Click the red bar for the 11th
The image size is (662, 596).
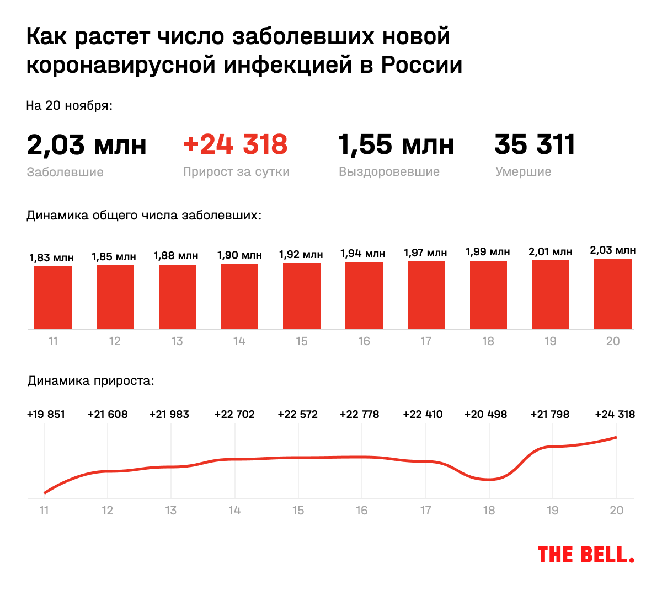coord(53,298)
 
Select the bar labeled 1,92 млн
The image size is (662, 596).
coord(302,296)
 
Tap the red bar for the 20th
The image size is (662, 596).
coord(613,294)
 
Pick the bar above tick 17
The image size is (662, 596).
coord(426,296)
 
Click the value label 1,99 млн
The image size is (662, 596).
coord(488,252)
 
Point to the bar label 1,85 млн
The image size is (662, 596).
coord(114,256)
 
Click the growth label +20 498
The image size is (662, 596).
coord(485,414)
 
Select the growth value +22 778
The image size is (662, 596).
coord(359,414)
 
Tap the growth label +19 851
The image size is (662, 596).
coord(46,414)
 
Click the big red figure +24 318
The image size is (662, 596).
coord(235,144)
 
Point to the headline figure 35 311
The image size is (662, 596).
coord(535,144)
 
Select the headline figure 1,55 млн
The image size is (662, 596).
coord(396,144)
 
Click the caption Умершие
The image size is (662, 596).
coord(523,172)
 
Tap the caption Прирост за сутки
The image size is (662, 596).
coord(236,172)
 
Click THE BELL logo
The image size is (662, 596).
coord(586,555)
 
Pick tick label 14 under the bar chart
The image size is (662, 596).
coord(239,341)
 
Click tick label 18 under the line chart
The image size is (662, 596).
coord(489,511)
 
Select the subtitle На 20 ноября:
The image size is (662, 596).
coord(70,105)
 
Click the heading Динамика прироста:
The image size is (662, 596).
coord(91,381)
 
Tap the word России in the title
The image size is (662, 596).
coord(421,65)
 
